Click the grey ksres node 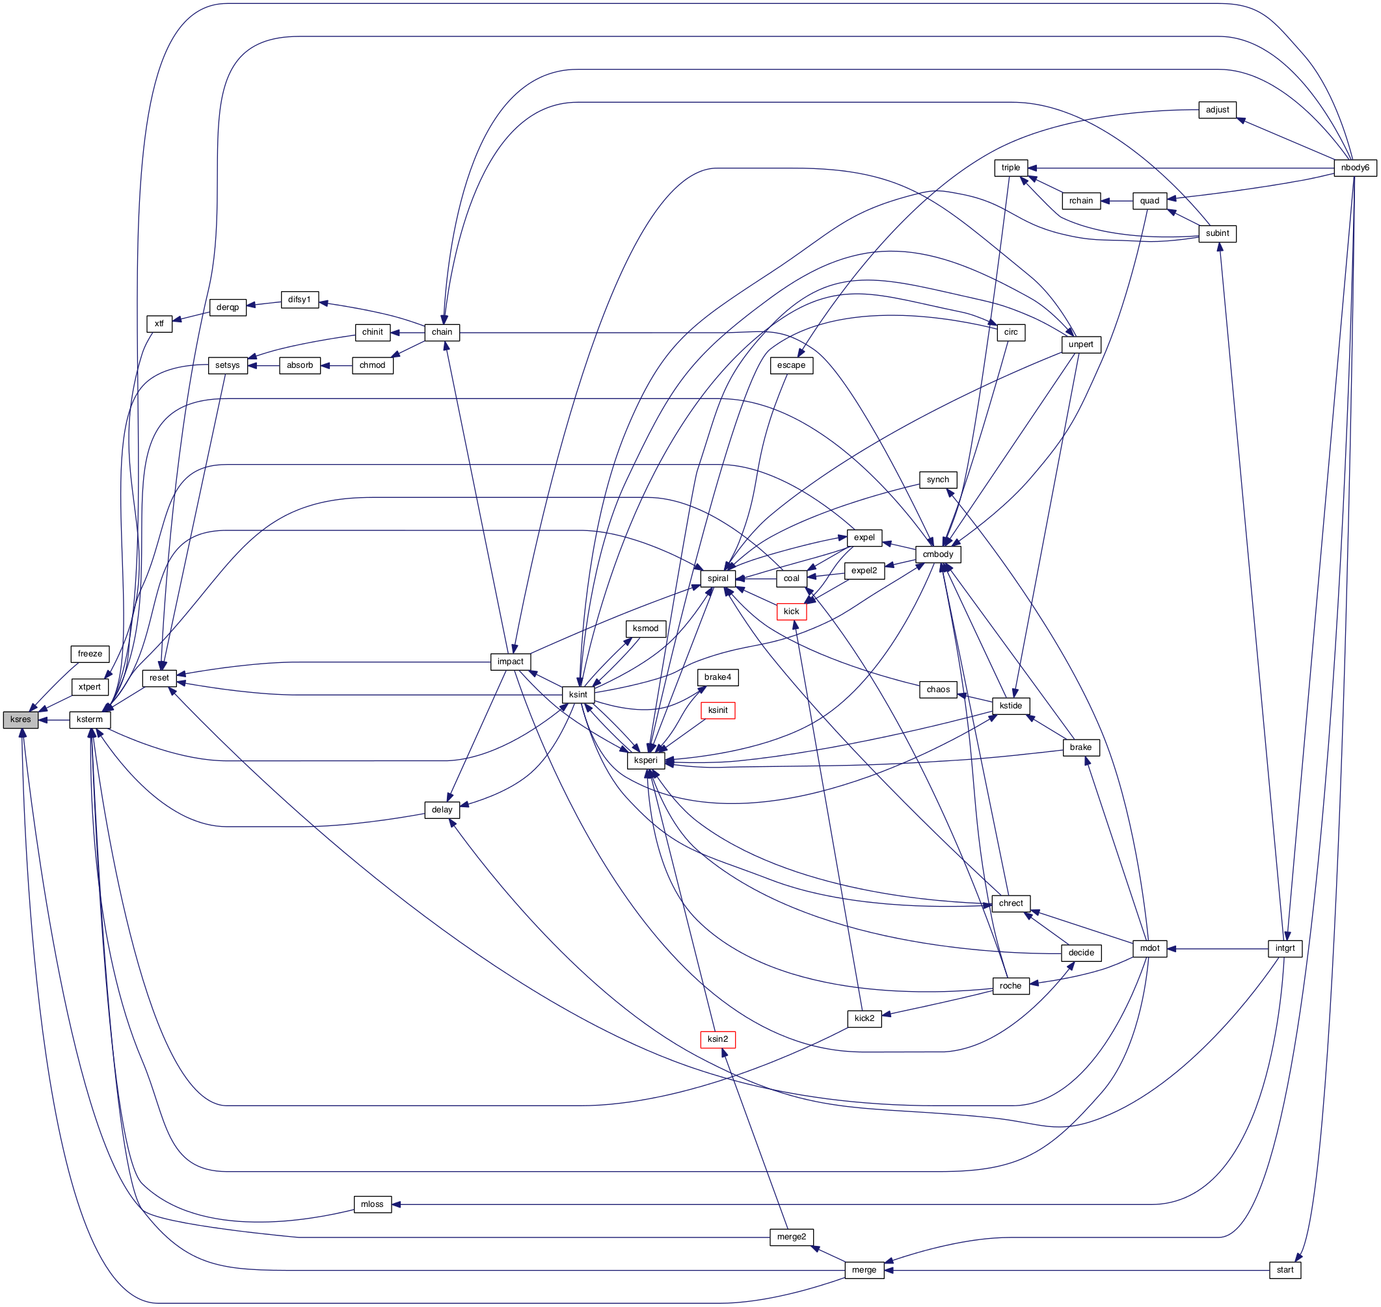click(20, 719)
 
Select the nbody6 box click(1354, 168)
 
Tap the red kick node click(791, 612)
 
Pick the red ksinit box click(717, 710)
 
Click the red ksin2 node click(717, 1039)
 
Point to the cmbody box click(937, 554)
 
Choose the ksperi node click(645, 761)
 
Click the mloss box click(372, 1204)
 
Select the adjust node click(1217, 110)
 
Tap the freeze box click(90, 654)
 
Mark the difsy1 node click(299, 300)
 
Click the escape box click(791, 366)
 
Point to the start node click(1285, 1270)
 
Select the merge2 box click(791, 1237)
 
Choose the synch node click(937, 480)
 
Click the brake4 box click(717, 678)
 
